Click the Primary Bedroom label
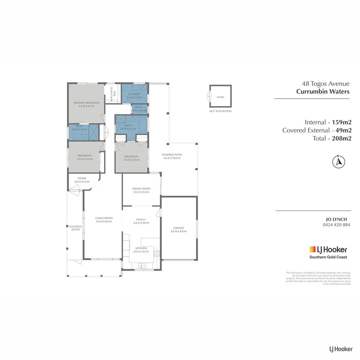click(86, 103)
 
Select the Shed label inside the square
click(220, 97)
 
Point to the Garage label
click(177, 228)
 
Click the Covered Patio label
click(172, 155)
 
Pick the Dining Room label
click(141, 189)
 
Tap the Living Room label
click(104, 218)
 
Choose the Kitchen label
click(141, 248)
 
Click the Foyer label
click(82, 178)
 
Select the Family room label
click(141, 220)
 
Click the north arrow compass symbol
click(339, 162)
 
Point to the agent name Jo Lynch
click(336, 219)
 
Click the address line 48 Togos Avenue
click(325, 84)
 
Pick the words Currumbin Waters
click(323, 92)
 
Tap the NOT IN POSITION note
click(220, 111)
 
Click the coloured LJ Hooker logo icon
click(312, 249)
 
